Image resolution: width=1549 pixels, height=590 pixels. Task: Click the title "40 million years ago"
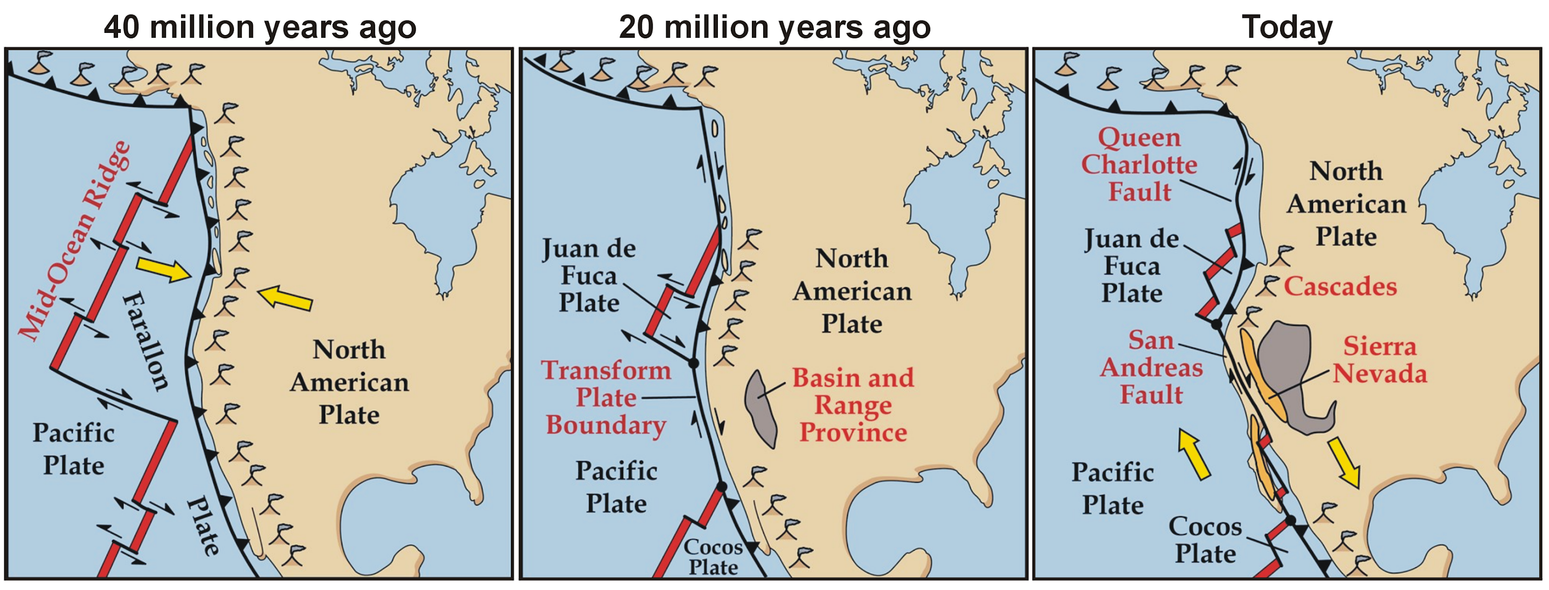260,27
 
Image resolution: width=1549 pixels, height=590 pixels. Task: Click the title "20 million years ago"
774,27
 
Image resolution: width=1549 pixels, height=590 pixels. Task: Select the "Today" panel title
1287,27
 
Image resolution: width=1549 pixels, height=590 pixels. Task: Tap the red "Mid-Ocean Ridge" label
74,241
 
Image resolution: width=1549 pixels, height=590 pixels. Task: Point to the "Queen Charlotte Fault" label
1139,165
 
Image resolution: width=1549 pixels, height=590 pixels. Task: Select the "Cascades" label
1340,286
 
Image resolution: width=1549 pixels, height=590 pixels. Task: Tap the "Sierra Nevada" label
1379,360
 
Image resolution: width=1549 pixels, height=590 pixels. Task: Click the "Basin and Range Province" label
853,405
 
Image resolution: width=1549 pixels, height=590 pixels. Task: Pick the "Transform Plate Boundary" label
605,397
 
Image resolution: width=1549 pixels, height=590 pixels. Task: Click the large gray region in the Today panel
1287,373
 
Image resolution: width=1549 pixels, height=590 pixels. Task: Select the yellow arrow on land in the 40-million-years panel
285,298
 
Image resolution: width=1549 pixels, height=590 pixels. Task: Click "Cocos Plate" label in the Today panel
1205,540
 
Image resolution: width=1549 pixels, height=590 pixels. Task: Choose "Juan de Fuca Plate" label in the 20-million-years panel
589,276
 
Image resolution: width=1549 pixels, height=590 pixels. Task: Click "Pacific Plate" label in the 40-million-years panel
73,449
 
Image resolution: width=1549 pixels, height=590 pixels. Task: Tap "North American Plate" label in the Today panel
1346,204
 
